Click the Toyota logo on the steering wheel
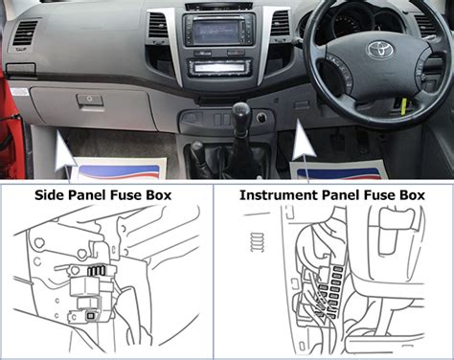pos(380,50)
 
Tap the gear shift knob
pos(241,112)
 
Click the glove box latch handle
pos(90,100)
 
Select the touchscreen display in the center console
pos(216,31)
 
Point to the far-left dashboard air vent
pos(26,33)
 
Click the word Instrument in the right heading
pos(278,195)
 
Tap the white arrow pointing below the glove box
pos(64,151)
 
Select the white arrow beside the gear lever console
pos(303,142)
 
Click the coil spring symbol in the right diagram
pos(257,242)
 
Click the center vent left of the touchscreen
pos(158,25)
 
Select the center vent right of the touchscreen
pos(280,23)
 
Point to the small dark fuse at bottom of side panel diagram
pos(91,316)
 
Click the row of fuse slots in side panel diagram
pos(97,270)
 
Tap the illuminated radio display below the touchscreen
pos(218,68)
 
